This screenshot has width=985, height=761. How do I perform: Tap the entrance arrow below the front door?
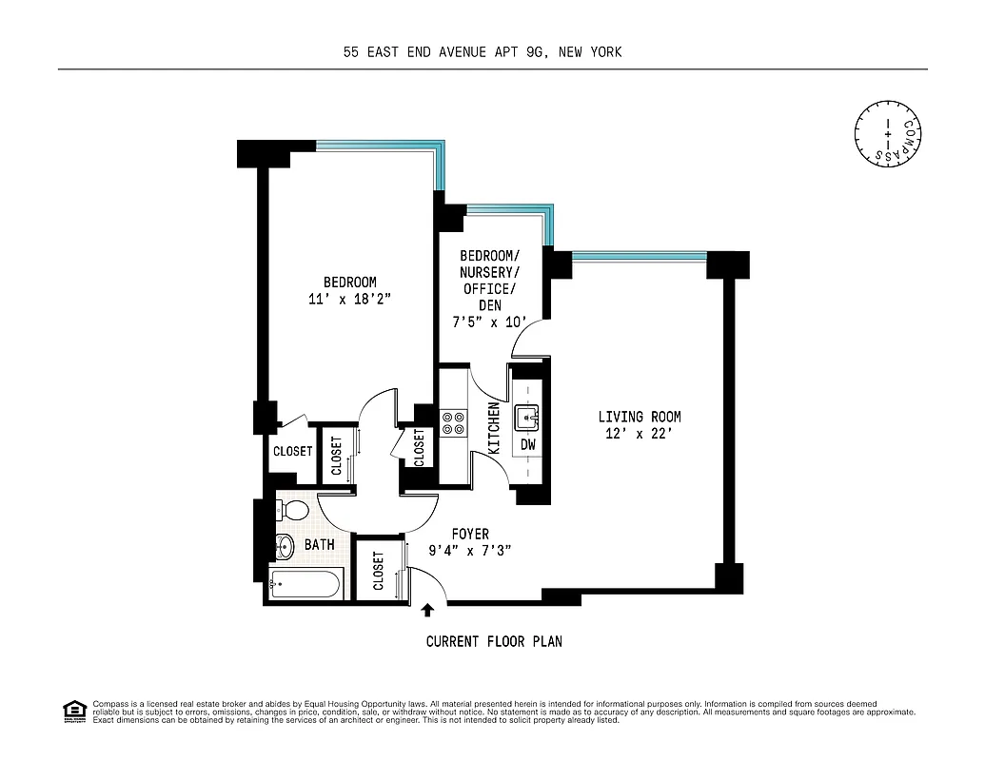428,611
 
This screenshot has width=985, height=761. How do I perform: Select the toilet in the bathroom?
293,511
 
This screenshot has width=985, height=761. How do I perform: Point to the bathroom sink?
284,547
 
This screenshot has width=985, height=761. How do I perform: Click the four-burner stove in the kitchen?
453,422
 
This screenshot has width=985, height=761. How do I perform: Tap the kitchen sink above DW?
528,417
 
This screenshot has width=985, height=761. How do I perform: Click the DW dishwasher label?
528,444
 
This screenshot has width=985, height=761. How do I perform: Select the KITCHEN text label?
494,427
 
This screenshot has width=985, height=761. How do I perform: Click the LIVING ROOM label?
639,417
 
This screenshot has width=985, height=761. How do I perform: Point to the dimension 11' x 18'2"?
349,299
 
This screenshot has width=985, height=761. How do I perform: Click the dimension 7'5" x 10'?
488,322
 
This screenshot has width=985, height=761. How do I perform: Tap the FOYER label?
470,535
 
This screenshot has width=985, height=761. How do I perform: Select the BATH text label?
319,545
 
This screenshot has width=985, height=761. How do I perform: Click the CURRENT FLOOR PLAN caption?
493,642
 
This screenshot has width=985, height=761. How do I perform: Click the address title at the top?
483,52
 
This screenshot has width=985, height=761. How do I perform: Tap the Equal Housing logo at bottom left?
73,710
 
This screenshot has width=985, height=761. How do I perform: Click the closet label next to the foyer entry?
378,571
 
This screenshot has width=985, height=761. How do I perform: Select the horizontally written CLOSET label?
292,452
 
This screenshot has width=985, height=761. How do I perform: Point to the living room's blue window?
640,256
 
